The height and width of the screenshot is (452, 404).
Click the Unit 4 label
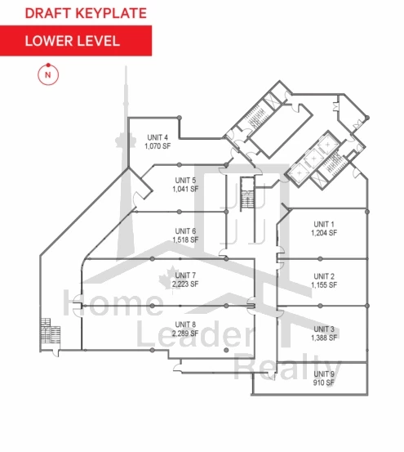158,137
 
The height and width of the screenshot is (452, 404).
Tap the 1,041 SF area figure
185,189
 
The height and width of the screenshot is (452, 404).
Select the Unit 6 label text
185,231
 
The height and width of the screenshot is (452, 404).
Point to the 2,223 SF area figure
185,284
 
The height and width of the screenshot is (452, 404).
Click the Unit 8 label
185,324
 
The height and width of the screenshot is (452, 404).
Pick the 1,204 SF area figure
324,233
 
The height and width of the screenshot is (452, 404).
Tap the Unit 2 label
324,276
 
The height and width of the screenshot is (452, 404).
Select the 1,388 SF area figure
324,338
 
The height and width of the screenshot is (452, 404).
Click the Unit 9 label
324,374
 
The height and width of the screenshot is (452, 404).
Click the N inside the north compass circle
48,75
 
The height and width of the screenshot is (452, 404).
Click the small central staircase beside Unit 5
247,195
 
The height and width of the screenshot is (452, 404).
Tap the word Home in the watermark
113,302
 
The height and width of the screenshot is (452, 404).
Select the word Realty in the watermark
287,368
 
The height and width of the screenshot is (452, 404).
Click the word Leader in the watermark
194,333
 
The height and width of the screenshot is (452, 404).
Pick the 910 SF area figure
324,383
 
